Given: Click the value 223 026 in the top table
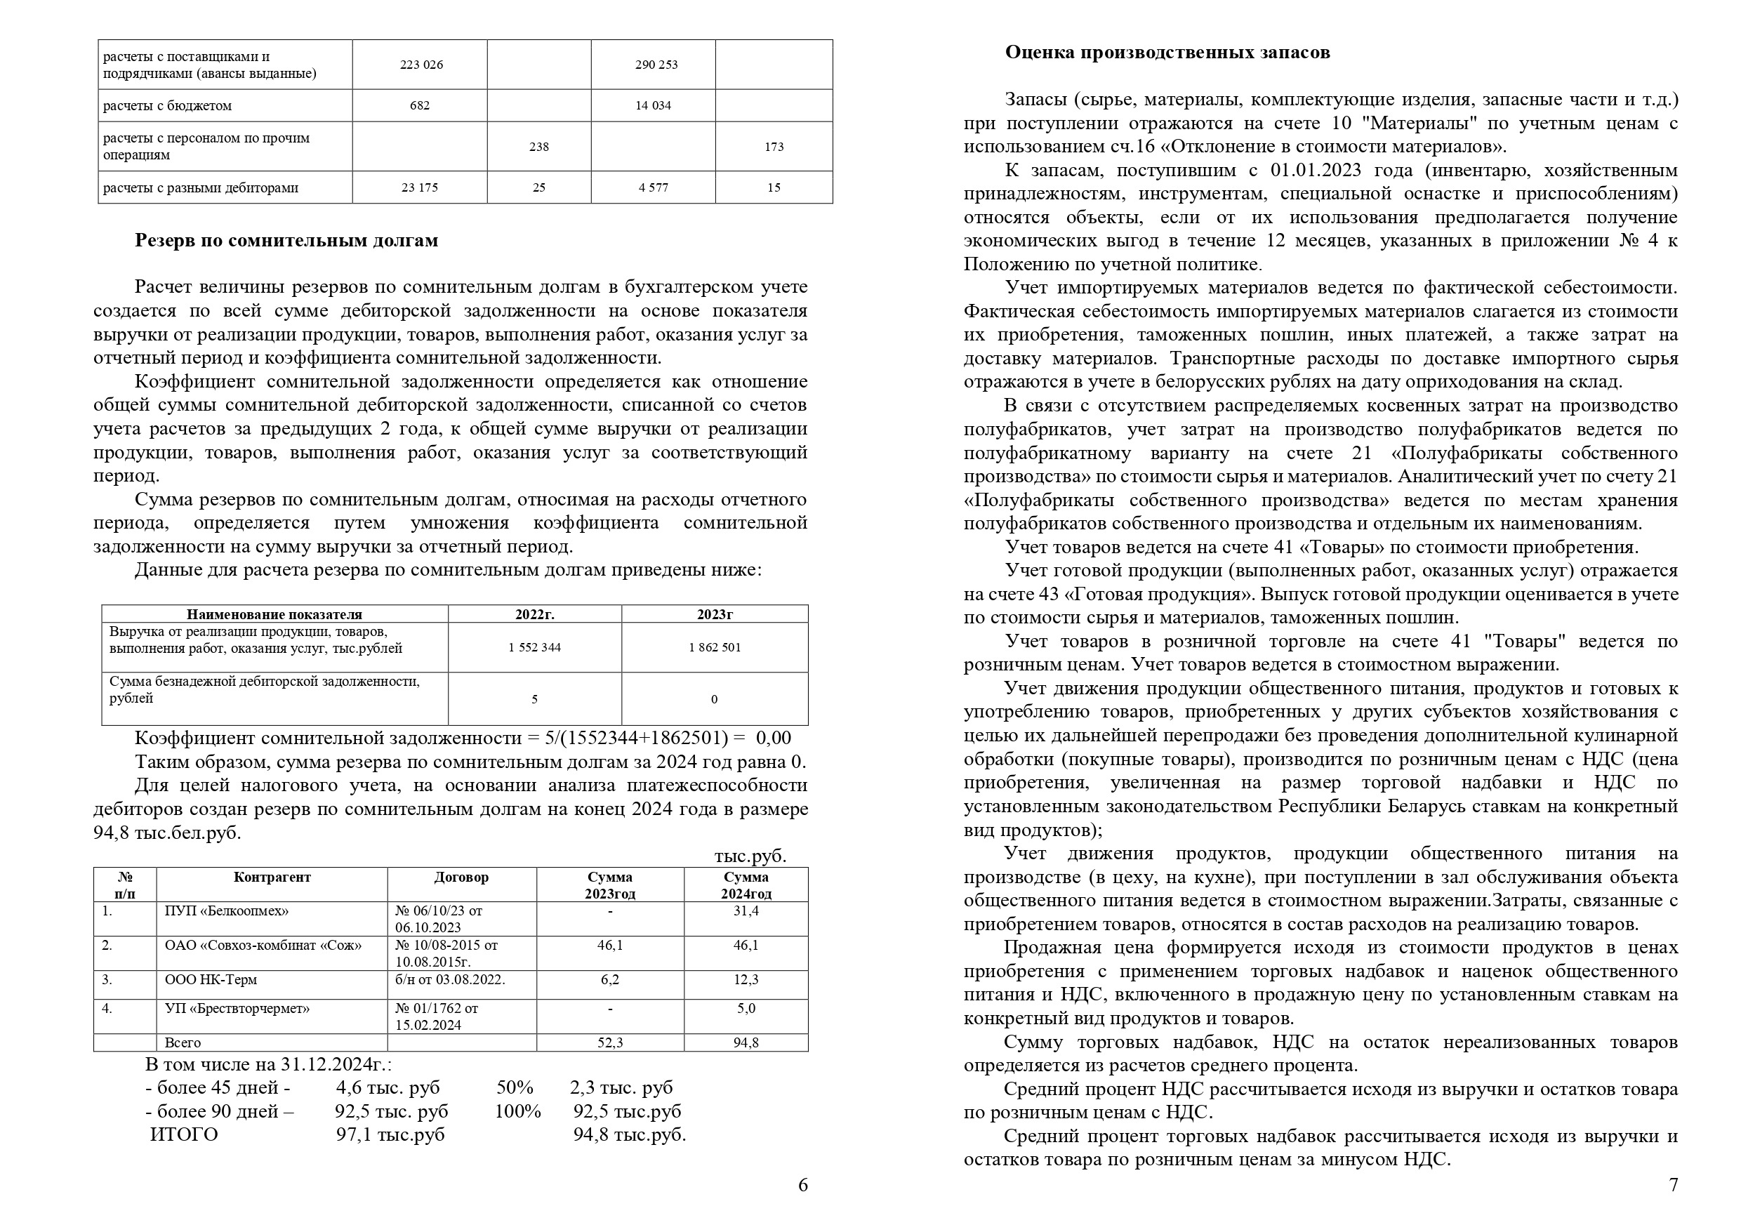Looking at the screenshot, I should (421, 65).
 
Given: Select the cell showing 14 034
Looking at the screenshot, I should (652, 105).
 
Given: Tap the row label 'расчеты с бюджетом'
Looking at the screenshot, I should (167, 106).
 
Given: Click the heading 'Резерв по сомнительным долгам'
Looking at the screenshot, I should (286, 241).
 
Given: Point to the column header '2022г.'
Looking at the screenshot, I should (534, 614).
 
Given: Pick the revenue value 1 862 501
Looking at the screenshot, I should (714, 648).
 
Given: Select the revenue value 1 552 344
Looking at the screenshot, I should (534, 648).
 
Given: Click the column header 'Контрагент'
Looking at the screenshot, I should (272, 877).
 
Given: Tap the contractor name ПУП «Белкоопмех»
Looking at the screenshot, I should (226, 911).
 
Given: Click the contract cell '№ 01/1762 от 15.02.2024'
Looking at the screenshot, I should (436, 1016).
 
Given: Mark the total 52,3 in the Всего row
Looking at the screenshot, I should (610, 1043).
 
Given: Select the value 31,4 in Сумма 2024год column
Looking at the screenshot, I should (746, 911).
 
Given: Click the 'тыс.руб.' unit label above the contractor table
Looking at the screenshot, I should (750, 856).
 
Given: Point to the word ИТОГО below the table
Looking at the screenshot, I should (184, 1135).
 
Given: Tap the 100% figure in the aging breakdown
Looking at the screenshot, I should (517, 1111).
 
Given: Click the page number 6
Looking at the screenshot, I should (802, 1185).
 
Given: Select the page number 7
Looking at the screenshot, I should (1673, 1185).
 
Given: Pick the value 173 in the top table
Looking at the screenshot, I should (773, 147).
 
